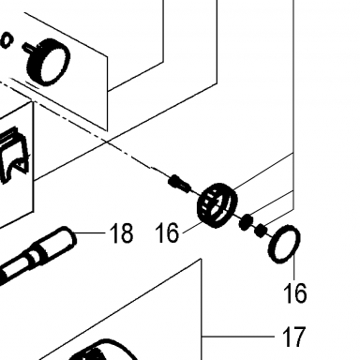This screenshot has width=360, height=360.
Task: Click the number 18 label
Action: pos(121,232)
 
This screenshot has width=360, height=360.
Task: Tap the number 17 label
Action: pos(293,337)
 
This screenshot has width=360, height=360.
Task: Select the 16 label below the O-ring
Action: pos(295,292)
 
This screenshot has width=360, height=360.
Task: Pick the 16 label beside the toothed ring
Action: pos(167,232)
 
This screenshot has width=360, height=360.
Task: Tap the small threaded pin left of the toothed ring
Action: pos(179,184)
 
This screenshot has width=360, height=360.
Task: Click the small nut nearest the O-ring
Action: pos(261,231)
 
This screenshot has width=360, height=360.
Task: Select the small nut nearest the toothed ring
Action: pos(246,221)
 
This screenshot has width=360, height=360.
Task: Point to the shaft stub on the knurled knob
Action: pos(27,49)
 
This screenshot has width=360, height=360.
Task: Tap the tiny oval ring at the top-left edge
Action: pos(7,40)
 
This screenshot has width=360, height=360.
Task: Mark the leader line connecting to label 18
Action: pos(90,232)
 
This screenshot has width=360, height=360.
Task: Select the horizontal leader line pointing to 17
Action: pos(238,337)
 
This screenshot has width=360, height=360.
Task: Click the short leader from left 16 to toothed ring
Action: pos(192,228)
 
